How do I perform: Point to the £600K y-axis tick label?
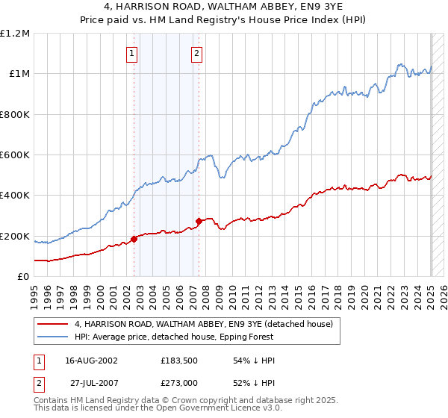click(x=15, y=155)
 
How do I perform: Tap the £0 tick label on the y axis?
click(x=24, y=276)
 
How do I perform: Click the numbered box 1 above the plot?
click(x=132, y=53)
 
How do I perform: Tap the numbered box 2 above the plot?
click(x=196, y=53)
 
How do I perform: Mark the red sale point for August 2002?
click(x=134, y=239)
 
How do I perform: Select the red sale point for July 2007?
click(x=199, y=221)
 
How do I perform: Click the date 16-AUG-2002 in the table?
click(x=92, y=361)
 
